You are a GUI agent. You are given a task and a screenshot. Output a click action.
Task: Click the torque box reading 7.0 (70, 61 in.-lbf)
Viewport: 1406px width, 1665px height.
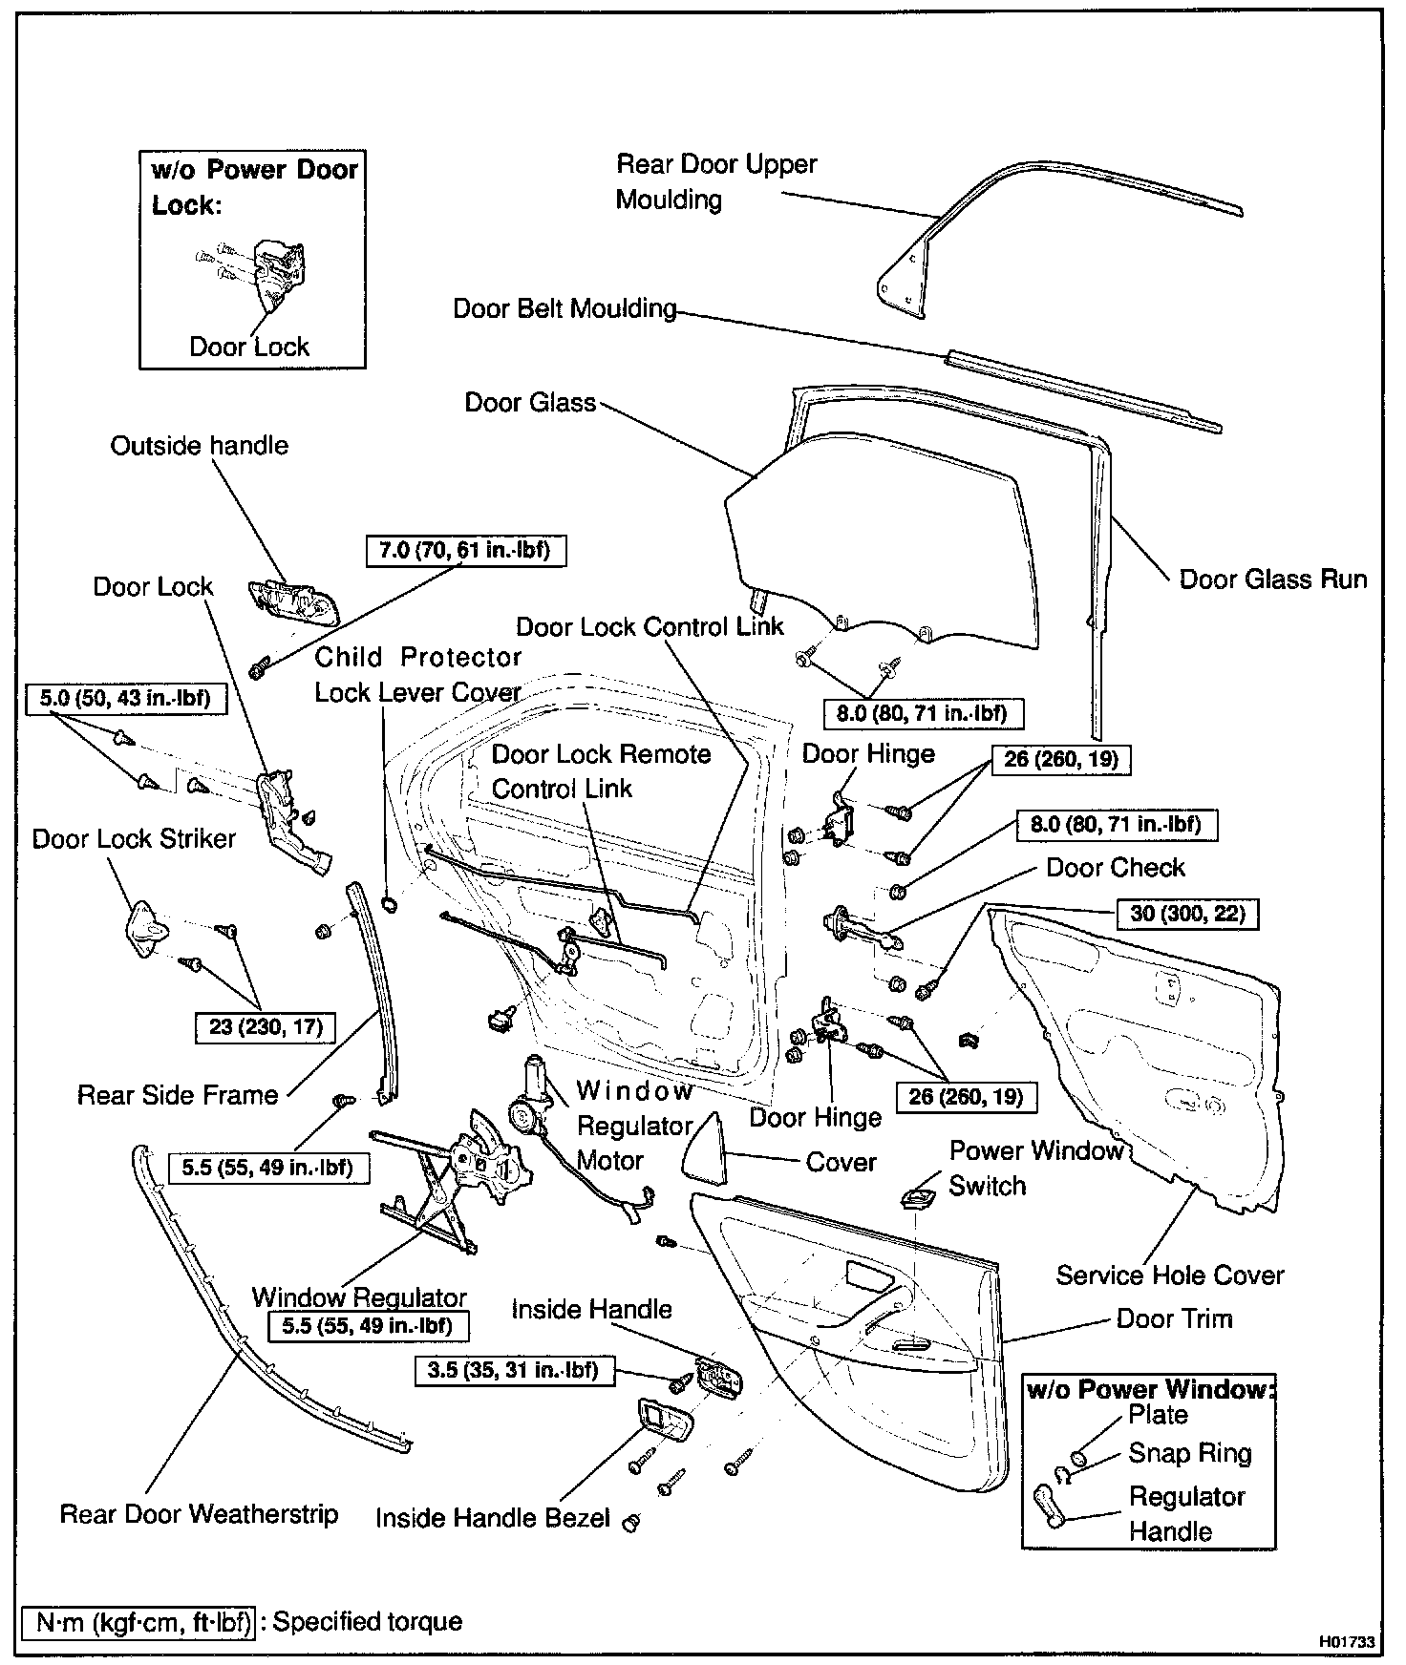click(465, 551)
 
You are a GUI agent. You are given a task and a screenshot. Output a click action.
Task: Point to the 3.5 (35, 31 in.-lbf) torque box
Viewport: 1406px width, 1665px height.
click(514, 1371)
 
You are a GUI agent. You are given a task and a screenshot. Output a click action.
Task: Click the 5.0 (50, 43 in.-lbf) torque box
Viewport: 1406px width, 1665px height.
click(125, 699)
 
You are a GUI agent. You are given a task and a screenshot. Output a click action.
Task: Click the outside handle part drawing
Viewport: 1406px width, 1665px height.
click(291, 602)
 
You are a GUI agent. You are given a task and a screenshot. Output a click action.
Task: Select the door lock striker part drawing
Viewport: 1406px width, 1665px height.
click(143, 925)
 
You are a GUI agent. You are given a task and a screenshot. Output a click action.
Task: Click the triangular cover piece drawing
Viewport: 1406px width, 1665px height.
click(704, 1148)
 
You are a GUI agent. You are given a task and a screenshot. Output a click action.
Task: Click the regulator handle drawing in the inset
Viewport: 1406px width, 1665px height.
click(1050, 1507)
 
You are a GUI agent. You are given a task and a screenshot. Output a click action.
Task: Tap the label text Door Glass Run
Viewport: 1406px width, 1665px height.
click(1273, 580)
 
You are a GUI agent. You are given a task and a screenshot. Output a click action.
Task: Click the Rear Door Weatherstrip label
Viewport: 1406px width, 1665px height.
click(199, 1514)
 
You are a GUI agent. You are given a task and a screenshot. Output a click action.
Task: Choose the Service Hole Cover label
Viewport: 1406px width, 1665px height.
click(1169, 1275)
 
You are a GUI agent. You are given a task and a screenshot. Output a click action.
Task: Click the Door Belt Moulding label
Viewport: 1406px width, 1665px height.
click(565, 309)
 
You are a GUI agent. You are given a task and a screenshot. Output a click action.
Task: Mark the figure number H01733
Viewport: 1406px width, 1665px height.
click(1347, 1642)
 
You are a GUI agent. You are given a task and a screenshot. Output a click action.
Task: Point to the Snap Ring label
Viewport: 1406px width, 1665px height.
click(1189, 1453)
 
